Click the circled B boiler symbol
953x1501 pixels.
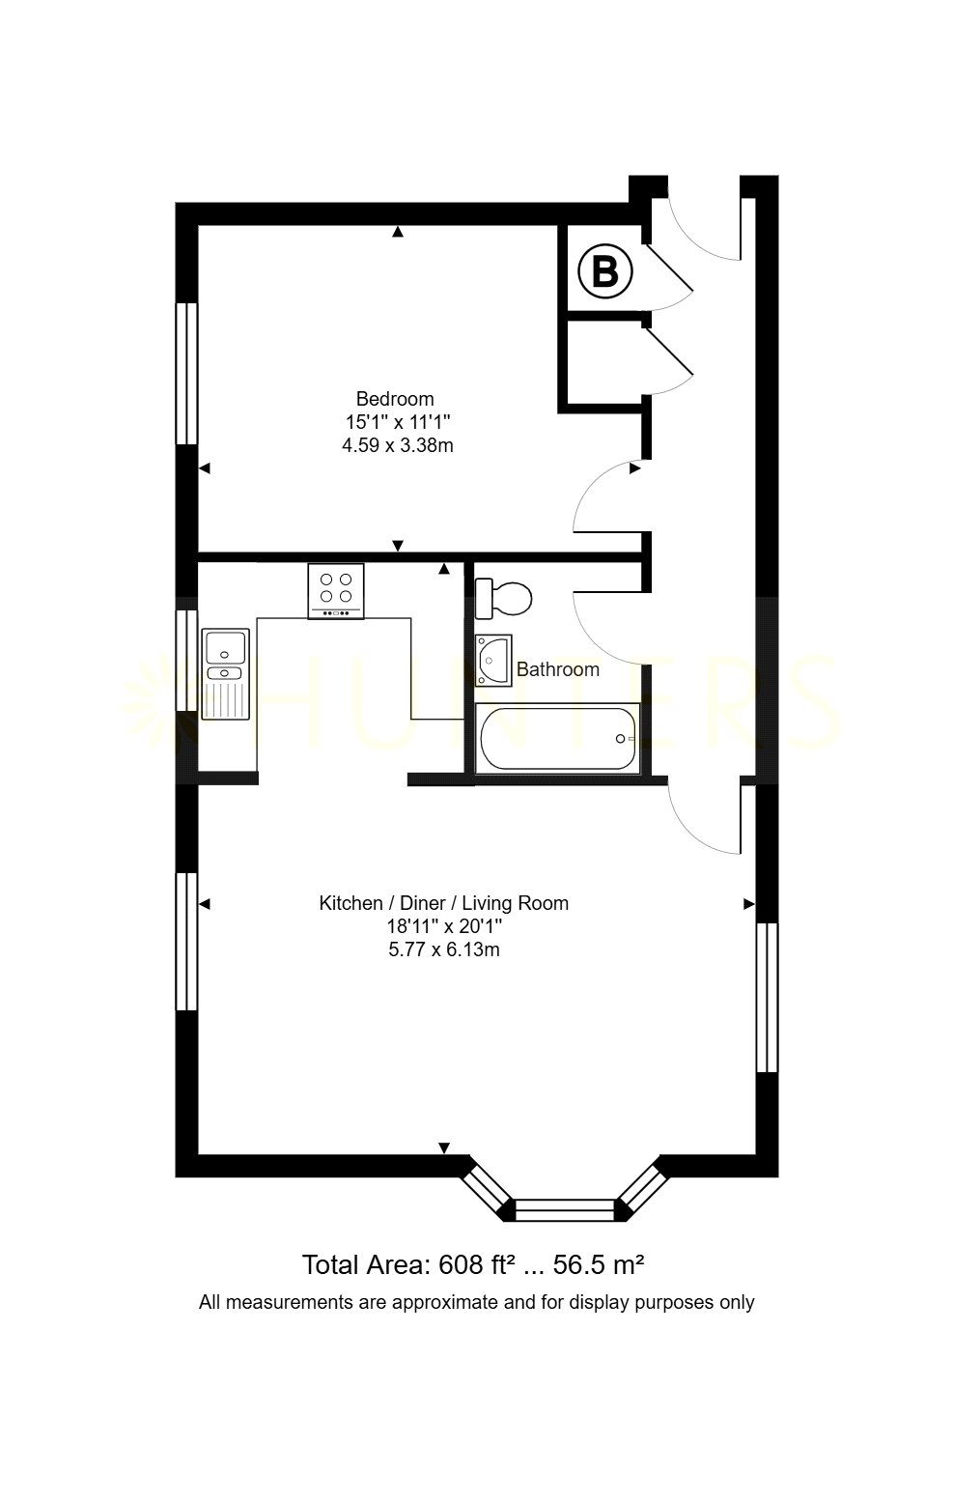click(x=604, y=272)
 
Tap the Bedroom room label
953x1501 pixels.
click(x=395, y=399)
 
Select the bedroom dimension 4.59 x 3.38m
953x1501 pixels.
click(x=397, y=445)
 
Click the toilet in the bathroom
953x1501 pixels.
click(x=503, y=598)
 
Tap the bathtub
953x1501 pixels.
click(x=557, y=739)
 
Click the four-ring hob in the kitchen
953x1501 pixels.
click(x=336, y=590)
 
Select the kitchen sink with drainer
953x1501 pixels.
click(x=225, y=673)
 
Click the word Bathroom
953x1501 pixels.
click(x=558, y=669)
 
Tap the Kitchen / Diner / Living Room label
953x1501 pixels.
click(x=443, y=902)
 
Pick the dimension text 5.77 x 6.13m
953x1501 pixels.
click(x=443, y=949)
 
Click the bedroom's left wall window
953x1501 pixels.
click(x=187, y=373)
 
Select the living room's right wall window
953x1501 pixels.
click(x=767, y=998)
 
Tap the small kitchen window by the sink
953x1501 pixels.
click(x=187, y=660)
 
